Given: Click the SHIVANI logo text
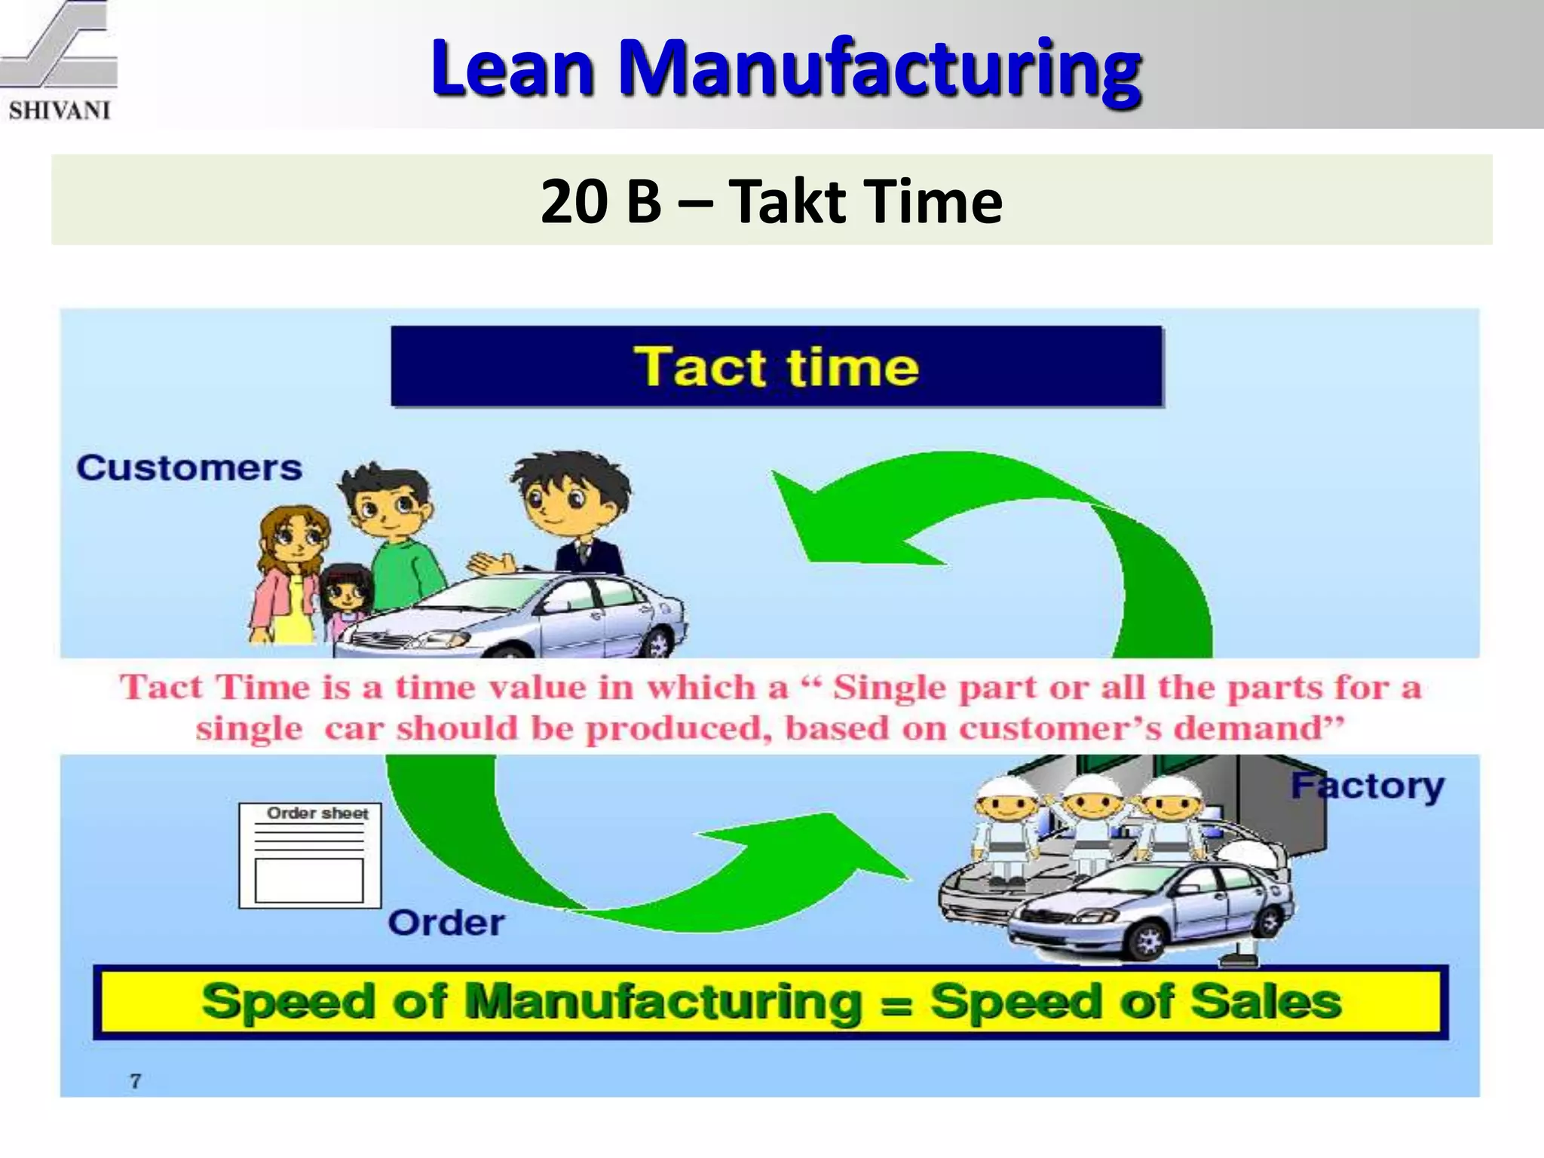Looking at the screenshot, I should pos(60,110).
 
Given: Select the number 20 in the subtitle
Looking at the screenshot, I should pos(574,202).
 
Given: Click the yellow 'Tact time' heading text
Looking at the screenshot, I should pos(776,367).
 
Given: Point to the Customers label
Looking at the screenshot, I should pos(189,468).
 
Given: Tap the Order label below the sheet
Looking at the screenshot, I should pos(446,924).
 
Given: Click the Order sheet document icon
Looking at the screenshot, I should pos(310,855).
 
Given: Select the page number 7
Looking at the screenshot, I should pos(136,1081).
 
